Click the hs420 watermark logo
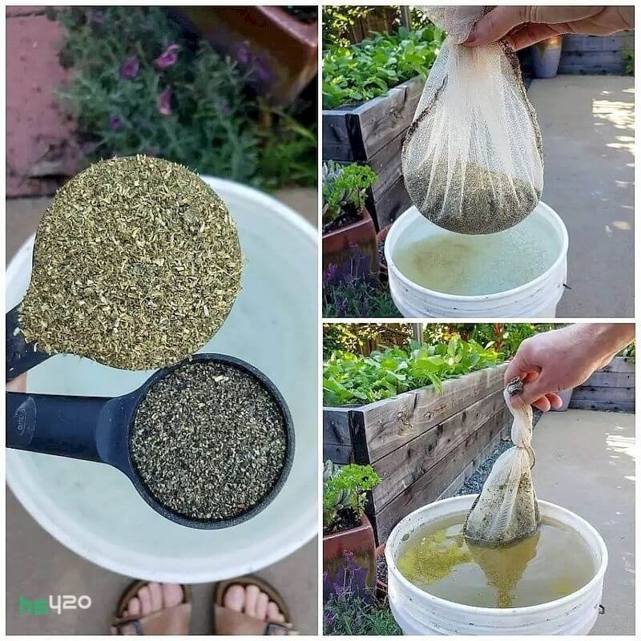point(55,604)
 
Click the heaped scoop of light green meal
point(131,263)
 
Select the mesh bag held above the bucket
point(474,131)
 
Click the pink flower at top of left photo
point(167,56)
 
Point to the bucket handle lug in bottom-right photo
point(602,610)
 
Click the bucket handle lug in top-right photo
point(566,286)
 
